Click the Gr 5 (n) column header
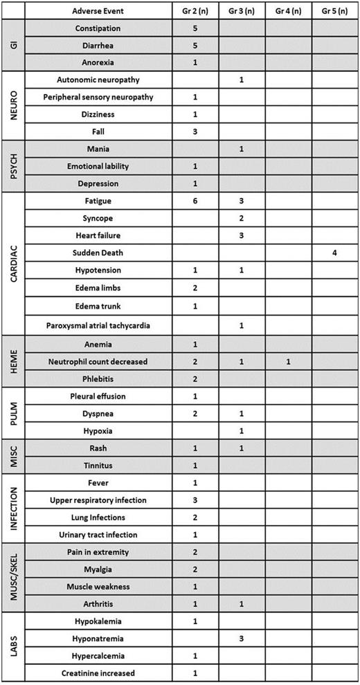(334, 11)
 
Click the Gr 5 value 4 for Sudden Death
(334, 253)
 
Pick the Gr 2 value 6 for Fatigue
(195, 201)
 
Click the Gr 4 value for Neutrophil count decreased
(288, 362)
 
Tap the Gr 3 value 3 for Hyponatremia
(242, 639)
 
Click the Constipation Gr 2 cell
(195, 28)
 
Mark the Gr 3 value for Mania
(242, 149)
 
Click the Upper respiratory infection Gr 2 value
(195, 500)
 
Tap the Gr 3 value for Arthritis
(242, 604)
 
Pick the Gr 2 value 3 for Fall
(195, 132)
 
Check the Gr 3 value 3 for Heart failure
(242, 236)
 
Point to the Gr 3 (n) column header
(242, 11)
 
